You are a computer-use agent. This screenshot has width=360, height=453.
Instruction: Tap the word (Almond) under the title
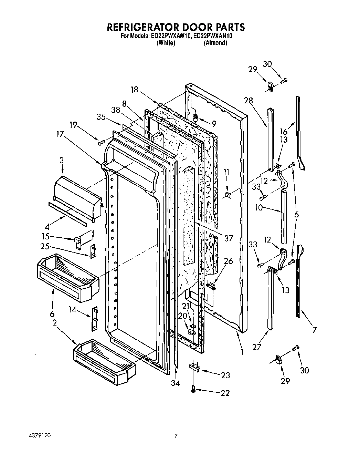(215, 43)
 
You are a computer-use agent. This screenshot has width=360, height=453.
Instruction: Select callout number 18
(134, 90)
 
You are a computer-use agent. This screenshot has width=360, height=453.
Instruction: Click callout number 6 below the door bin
(52, 314)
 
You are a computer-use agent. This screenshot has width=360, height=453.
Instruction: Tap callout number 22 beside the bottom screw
(225, 393)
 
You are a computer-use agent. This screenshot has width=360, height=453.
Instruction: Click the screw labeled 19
(101, 142)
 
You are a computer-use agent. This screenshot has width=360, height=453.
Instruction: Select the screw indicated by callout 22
(193, 389)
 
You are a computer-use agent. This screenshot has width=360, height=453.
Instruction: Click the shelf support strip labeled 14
(95, 319)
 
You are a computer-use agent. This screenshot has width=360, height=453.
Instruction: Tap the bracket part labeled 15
(82, 239)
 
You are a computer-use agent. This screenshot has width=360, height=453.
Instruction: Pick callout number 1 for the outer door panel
(242, 352)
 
